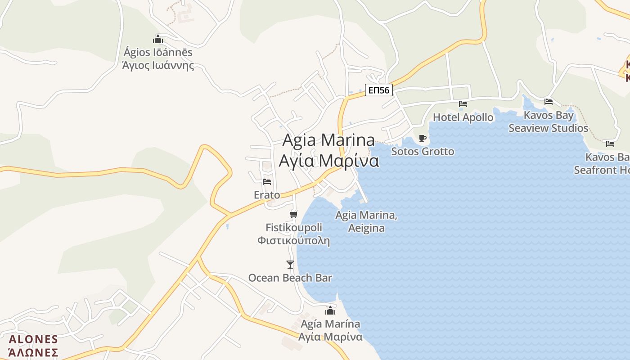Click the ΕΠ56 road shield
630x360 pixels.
378,90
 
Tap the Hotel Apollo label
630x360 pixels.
463,117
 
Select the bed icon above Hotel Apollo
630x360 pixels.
463,104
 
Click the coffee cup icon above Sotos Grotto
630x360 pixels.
422,138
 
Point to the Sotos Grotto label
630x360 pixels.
423,151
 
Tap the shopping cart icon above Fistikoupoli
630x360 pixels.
294,214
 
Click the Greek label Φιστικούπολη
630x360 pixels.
293,241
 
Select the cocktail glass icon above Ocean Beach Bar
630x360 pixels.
290,264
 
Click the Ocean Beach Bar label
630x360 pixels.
290,278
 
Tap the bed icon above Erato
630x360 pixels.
267,182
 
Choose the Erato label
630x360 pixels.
267,195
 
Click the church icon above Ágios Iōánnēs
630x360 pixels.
158,39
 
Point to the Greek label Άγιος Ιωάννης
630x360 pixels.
158,65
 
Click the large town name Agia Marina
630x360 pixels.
328,140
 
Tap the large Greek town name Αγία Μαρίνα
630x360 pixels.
328,161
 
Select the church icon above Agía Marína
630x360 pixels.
330,310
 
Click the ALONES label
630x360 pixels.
33,339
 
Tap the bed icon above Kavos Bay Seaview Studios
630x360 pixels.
549,101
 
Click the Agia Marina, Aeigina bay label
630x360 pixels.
366,221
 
